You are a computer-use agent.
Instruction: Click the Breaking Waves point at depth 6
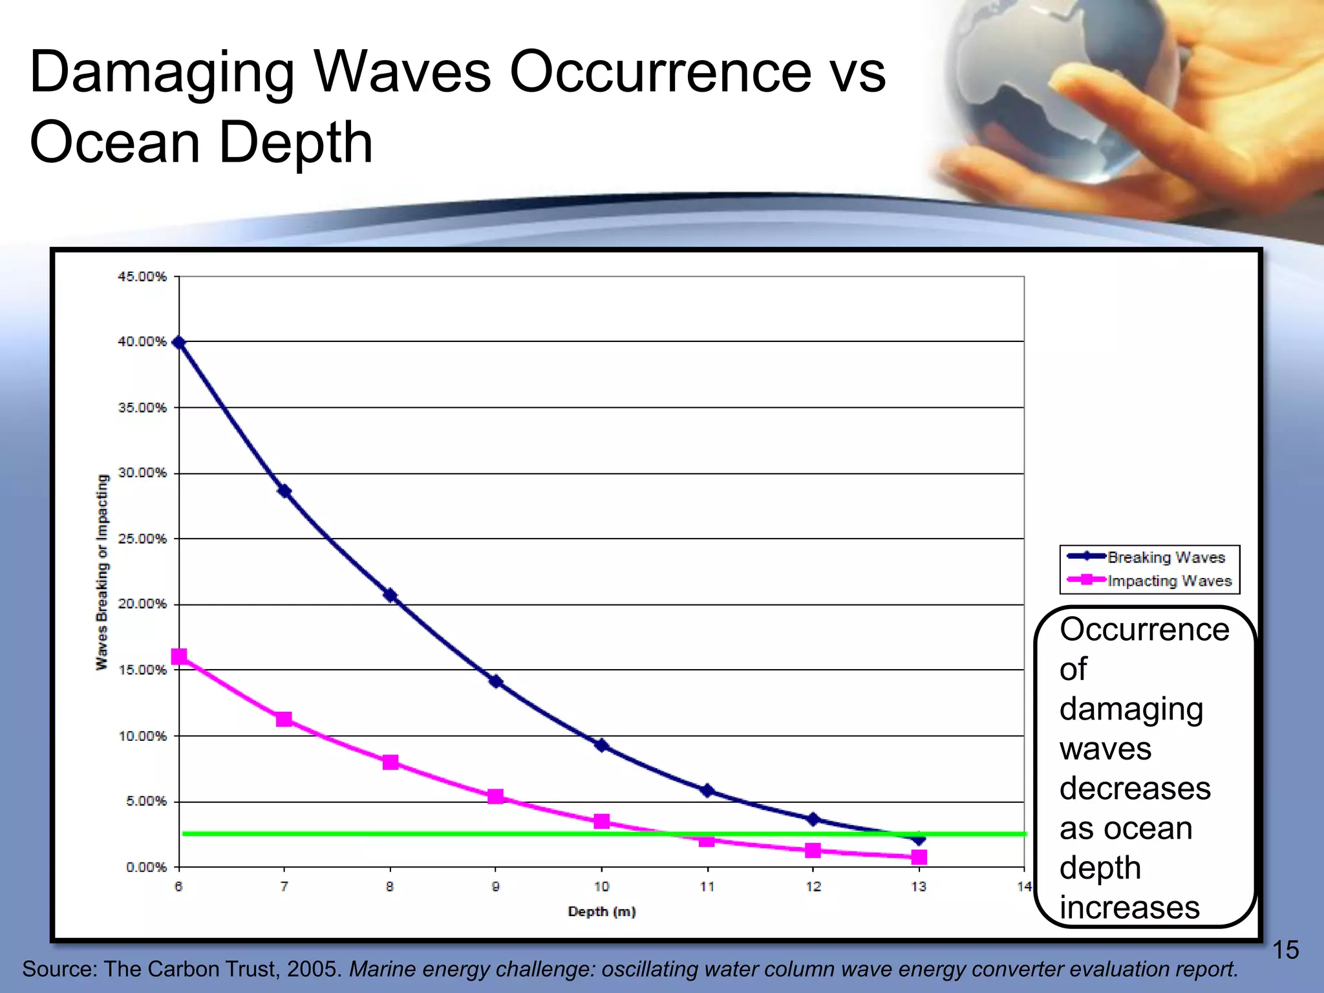point(179,343)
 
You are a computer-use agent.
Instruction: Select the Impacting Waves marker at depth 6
point(179,657)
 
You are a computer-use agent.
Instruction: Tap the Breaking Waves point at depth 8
point(390,595)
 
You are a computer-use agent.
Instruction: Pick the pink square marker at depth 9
point(495,796)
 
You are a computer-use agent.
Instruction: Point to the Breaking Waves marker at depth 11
point(707,791)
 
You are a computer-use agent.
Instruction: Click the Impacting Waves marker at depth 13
point(919,857)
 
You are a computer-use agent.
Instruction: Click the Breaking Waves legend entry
point(1151,557)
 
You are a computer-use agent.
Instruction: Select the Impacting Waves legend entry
point(1151,581)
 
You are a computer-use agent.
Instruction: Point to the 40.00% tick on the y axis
point(142,341)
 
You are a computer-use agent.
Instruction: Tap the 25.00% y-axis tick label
point(142,539)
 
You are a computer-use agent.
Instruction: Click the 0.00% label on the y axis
point(146,867)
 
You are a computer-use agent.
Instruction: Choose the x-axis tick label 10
point(601,887)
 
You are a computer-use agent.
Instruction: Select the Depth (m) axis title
point(601,912)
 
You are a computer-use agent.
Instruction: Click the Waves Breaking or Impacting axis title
point(102,572)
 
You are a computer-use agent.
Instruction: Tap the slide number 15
point(1285,950)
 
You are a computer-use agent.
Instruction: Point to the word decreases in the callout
point(1135,788)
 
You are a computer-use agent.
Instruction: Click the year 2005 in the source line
point(314,969)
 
